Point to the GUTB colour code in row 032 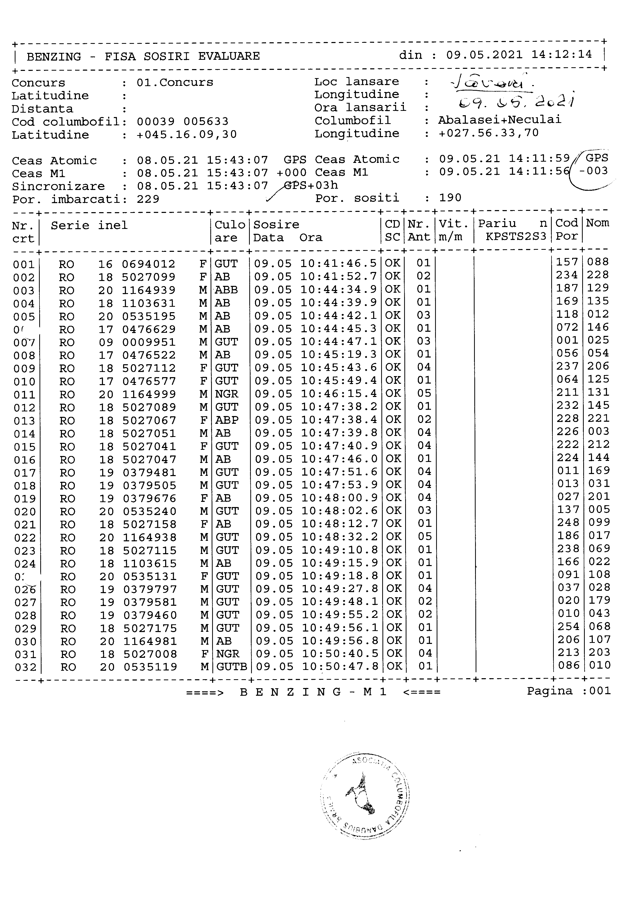pos(231,667)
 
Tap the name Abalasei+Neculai pos(499,120)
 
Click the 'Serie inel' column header pos(89,226)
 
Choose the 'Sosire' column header pos(276,225)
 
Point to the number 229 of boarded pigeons pos(148,199)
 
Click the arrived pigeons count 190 pos(450,198)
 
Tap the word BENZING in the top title pos(54,57)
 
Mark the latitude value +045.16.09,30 pos(187,135)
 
